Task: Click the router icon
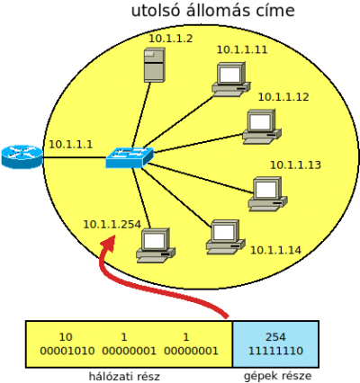point(22,156)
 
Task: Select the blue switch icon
point(130,157)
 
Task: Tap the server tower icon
point(155,65)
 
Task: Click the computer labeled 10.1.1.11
point(231,79)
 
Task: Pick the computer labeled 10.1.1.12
point(262,127)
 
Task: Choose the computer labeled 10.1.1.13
point(267,194)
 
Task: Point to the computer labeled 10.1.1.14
point(225,237)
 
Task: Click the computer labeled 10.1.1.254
point(156,245)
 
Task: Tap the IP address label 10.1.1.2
point(171,39)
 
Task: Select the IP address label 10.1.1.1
point(71,144)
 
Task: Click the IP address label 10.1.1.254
point(112,224)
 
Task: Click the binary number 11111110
point(275,351)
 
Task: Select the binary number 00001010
point(67,351)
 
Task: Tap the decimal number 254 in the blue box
point(275,337)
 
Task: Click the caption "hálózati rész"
point(124,376)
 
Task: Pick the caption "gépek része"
point(277,376)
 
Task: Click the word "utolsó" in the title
point(156,11)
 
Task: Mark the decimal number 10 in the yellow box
point(66,337)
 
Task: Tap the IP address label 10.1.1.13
point(295,165)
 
